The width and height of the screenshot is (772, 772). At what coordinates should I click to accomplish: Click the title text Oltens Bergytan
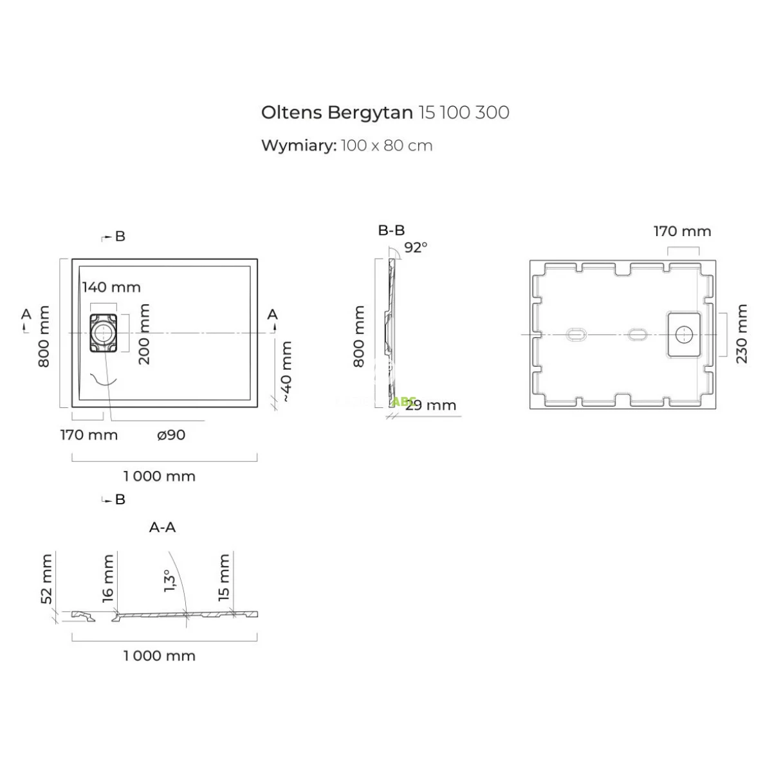point(336,113)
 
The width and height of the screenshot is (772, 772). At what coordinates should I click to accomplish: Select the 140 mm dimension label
point(111,287)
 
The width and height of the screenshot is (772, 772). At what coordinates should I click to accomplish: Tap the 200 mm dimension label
point(145,334)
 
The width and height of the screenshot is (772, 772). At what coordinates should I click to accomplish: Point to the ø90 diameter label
point(171,435)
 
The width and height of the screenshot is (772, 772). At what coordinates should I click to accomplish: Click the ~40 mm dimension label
point(286,372)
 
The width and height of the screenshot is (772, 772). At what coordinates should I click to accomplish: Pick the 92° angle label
point(416,247)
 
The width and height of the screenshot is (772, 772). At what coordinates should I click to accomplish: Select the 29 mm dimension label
point(431,405)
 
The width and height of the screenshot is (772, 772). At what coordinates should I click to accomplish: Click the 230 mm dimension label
point(742,333)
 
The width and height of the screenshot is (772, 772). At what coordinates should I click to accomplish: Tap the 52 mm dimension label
point(46,579)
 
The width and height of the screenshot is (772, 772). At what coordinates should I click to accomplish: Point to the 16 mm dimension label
point(107,577)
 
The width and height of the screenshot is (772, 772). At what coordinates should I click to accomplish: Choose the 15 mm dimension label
point(224,577)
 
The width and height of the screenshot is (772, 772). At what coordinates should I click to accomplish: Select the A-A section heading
point(162,528)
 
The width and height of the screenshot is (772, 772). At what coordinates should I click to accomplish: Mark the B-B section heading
point(391,230)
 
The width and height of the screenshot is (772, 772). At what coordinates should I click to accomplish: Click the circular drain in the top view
point(102,333)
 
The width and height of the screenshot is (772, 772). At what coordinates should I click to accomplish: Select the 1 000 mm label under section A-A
point(159,656)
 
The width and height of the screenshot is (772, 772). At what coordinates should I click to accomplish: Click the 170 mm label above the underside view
point(682,231)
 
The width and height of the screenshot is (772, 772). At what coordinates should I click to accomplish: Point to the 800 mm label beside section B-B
point(359,336)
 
